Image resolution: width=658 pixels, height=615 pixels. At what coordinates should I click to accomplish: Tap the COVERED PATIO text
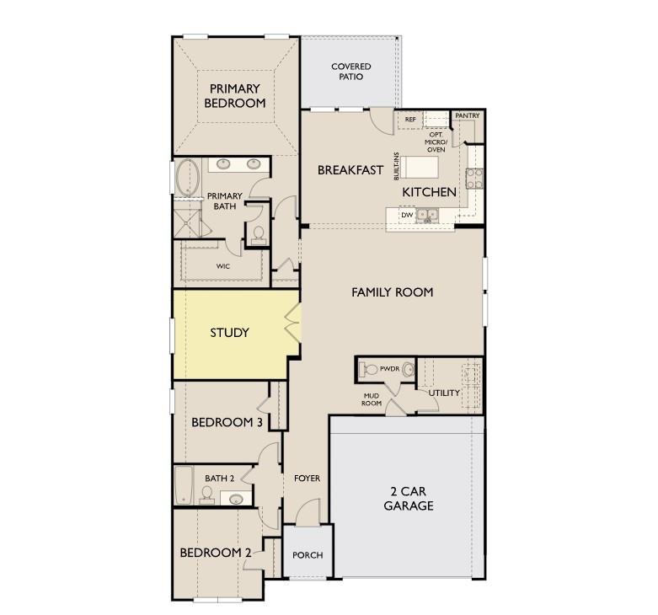coord(351,72)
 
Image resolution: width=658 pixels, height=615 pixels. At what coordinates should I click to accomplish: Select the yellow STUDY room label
coord(229,333)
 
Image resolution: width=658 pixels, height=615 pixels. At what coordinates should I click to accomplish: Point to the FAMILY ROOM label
coord(392,292)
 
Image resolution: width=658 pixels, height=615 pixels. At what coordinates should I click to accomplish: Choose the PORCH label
coord(308,555)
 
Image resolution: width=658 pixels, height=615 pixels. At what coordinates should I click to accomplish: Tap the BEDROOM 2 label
coord(216,553)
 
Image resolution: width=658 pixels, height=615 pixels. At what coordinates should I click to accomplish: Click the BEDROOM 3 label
coord(226,422)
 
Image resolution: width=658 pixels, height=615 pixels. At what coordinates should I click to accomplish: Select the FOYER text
coord(307,479)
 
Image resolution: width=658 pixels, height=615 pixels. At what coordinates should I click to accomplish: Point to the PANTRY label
coord(467,115)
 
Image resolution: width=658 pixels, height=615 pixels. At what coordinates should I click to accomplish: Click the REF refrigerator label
coord(410,120)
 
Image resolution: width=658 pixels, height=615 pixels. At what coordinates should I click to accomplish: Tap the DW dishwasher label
coord(407,215)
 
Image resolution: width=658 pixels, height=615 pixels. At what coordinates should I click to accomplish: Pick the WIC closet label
coord(222,266)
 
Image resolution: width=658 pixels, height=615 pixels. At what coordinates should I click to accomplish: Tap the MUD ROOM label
coord(372,399)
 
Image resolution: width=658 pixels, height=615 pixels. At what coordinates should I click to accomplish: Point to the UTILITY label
coord(444,393)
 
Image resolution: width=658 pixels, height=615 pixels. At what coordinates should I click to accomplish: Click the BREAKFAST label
coord(350,170)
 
